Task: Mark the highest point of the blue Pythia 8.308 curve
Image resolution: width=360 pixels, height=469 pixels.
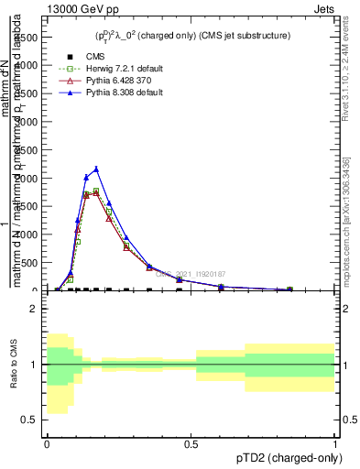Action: click(x=96, y=169)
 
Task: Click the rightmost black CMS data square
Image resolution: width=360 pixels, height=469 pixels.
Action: click(x=289, y=289)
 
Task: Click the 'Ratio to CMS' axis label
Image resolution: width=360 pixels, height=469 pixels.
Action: click(x=12, y=365)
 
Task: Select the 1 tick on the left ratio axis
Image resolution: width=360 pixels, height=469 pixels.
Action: click(x=35, y=365)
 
